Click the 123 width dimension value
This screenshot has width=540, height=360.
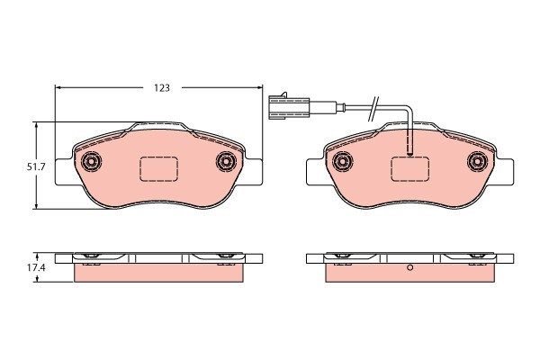coord(161,88)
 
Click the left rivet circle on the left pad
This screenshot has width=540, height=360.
coord(91,162)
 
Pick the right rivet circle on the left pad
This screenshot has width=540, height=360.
coord(226,162)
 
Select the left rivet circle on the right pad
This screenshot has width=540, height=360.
coord(342,162)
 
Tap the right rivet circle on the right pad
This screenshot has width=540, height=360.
coord(477,162)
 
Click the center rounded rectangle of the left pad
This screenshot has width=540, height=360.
coord(158,168)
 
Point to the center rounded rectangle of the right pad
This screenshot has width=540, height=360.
coord(409,168)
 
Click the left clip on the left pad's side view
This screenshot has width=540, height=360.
coord(89,258)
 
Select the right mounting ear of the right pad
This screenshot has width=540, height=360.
coord(506,174)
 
